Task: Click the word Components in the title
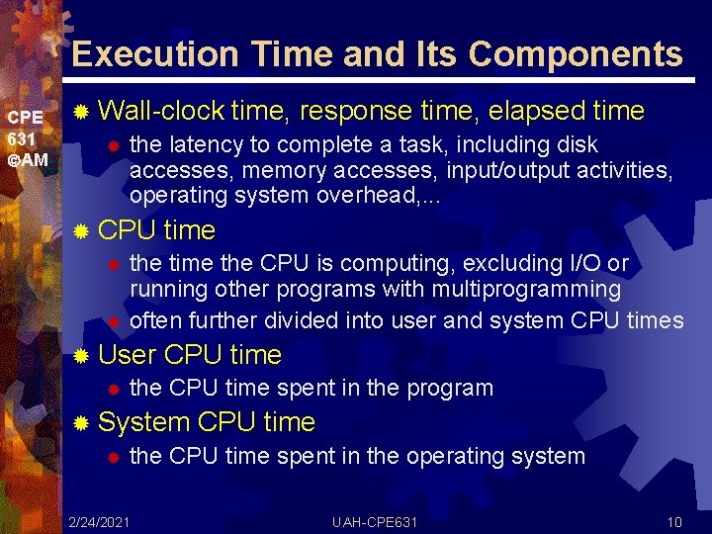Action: [x=576, y=53]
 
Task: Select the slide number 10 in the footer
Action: [x=675, y=521]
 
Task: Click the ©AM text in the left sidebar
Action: [x=27, y=159]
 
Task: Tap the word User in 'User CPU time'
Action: [x=128, y=354]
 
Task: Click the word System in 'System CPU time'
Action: [x=144, y=422]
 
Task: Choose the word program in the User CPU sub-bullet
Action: [x=450, y=388]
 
